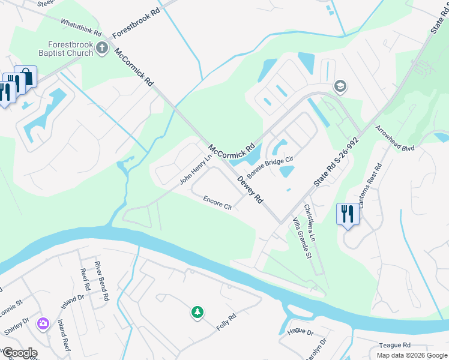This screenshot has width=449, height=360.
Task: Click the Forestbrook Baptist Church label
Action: click(71, 49)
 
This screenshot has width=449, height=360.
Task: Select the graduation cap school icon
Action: click(340, 86)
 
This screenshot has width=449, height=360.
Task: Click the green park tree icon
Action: click(197, 311)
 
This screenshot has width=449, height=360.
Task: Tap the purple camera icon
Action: click(43, 324)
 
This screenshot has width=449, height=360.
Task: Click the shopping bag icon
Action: click(25, 76)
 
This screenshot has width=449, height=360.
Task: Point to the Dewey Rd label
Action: click(250, 189)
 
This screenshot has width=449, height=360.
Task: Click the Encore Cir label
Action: click(217, 203)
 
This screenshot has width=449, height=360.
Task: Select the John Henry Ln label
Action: click(196, 170)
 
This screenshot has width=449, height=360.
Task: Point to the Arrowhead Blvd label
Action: click(395, 139)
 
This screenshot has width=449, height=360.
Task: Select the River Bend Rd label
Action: click(101, 280)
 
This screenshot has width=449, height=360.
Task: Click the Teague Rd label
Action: click(394, 345)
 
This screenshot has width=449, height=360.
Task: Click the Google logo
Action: click(19, 353)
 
